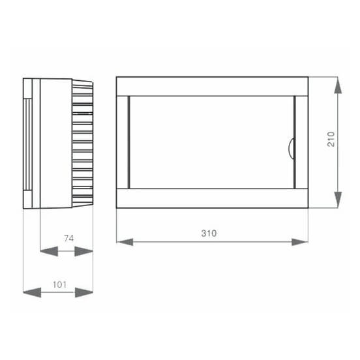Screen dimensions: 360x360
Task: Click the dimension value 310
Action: coord(209,233)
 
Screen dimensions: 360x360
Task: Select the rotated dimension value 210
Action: coord(331,139)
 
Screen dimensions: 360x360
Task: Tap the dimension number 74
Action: coord(69,238)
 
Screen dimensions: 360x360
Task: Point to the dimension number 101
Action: coord(60,285)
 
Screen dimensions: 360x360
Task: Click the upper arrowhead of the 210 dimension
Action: coord(338,85)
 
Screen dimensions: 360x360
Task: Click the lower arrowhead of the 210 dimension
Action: coord(338,200)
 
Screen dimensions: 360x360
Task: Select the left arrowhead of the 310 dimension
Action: coord(125,242)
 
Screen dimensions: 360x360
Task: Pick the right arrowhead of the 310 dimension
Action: coord(299,242)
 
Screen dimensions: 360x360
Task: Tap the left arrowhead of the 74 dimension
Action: coord(49,251)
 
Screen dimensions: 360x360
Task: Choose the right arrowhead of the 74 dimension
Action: coord(83,251)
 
